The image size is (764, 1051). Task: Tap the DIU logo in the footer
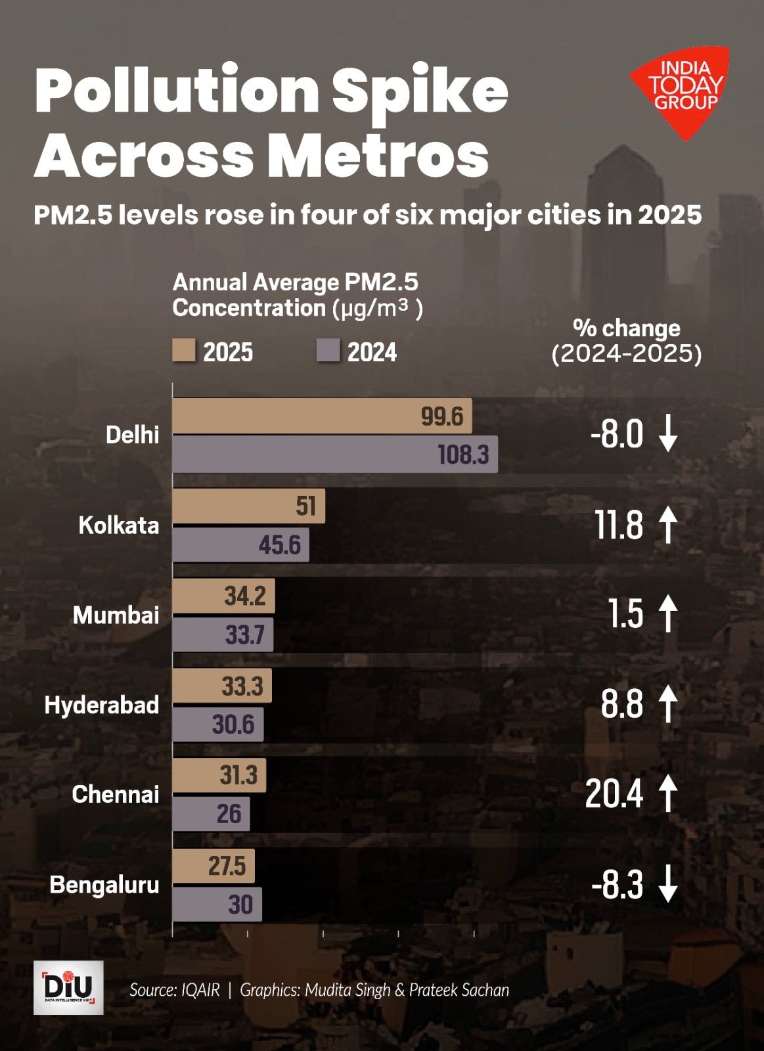point(68,987)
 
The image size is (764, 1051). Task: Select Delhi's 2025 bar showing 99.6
point(322,416)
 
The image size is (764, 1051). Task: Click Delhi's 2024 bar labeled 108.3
point(335,454)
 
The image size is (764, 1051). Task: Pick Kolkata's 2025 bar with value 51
point(248,506)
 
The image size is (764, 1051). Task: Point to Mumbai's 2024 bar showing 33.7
point(223,635)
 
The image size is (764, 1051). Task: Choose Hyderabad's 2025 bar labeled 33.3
point(222,686)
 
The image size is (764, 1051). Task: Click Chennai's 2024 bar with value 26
point(211,814)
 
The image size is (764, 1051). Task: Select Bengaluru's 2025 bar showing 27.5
point(213,866)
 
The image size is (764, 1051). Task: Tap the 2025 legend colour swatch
point(184,351)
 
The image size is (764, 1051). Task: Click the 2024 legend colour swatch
point(328,351)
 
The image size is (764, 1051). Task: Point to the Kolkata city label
point(119,525)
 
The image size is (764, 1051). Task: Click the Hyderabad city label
point(102,705)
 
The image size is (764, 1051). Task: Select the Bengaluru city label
point(104,885)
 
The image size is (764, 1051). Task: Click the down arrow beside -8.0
point(668,434)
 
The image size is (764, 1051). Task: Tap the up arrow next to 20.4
point(668,793)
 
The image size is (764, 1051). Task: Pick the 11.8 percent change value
point(619,525)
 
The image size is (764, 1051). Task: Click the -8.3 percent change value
point(618,885)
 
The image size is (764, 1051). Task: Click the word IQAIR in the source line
point(200,990)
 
